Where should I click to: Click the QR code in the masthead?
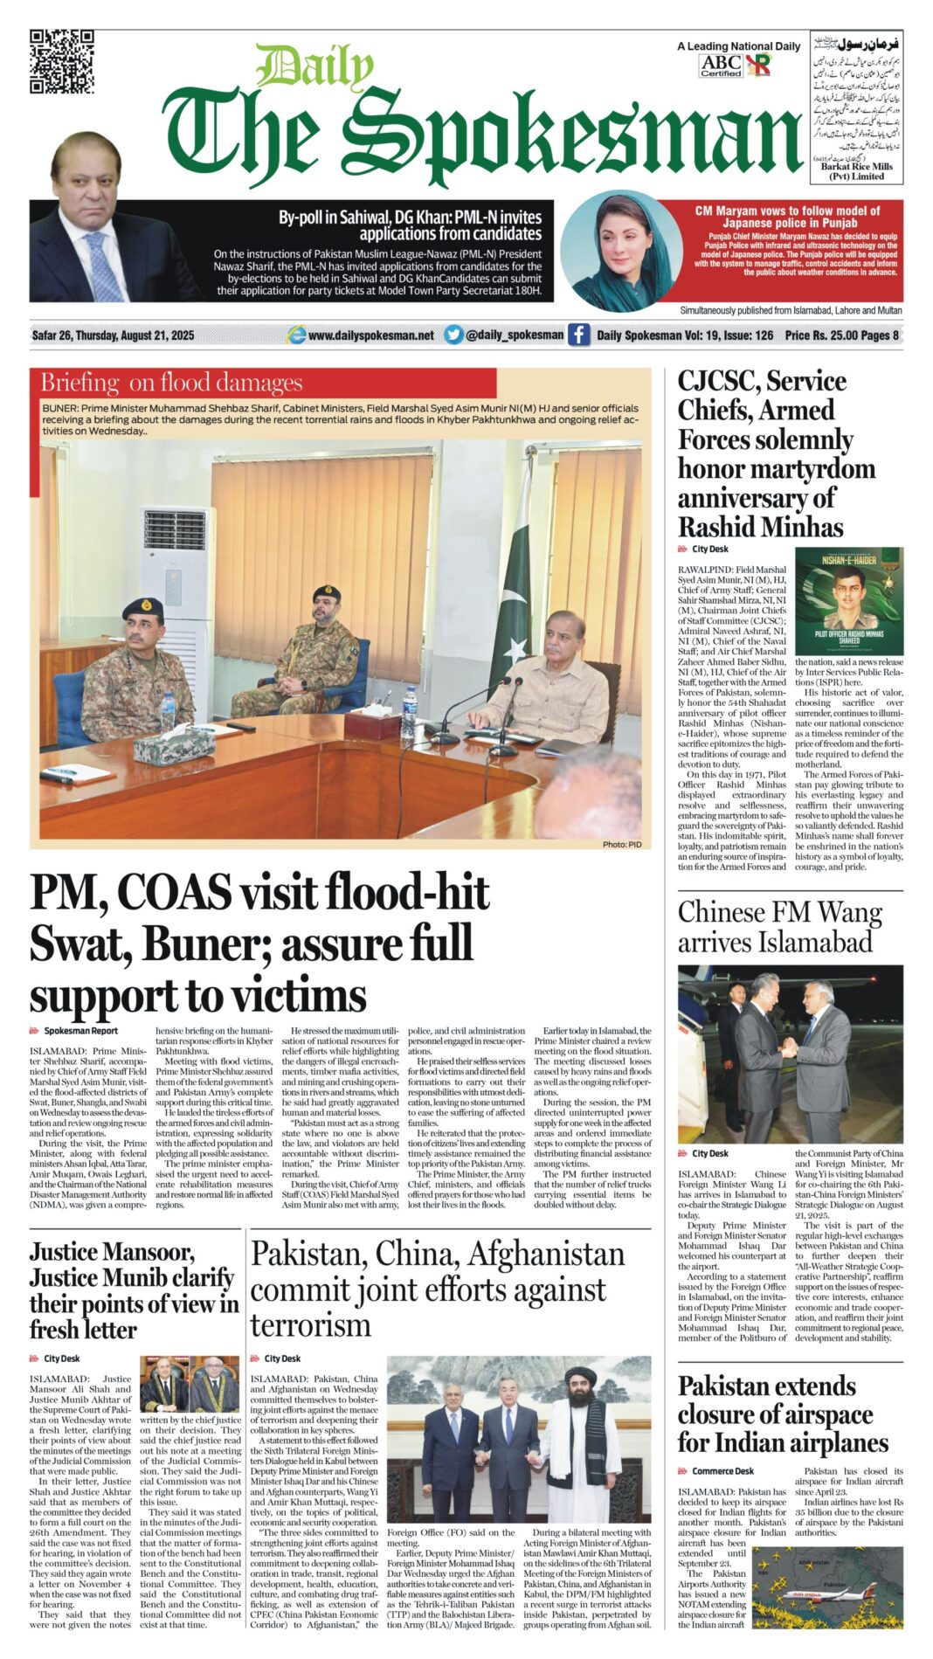click(x=61, y=61)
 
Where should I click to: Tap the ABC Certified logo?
click(x=721, y=66)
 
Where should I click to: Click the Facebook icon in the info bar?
click(x=578, y=335)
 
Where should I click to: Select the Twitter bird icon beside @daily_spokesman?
click(x=453, y=335)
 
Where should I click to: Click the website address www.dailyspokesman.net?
click(x=370, y=335)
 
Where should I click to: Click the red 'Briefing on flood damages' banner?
click(x=262, y=383)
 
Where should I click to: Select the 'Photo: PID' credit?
click(x=621, y=844)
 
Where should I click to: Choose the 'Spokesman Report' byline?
click(x=80, y=1031)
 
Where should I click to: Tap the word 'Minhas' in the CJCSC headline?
click(x=800, y=528)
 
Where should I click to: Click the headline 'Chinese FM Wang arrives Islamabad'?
click(x=779, y=927)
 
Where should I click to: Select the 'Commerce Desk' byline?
click(x=722, y=1471)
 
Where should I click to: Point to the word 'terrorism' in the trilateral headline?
click(x=310, y=1325)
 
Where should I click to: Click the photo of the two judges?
click(x=190, y=1384)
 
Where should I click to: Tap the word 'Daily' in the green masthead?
click(x=314, y=66)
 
